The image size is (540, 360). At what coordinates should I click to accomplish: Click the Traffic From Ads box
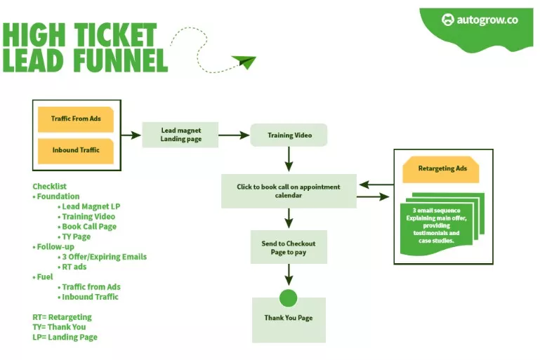[x=76, y=119]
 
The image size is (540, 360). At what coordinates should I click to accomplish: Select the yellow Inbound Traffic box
[x=76, y=150]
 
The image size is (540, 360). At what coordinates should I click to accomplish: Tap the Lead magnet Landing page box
[x=180, y=135]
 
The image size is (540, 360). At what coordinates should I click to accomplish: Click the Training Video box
[x=289, y=135]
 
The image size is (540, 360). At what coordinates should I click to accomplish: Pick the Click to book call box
[x=288, y=192]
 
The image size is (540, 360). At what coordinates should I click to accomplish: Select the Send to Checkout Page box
[x=288, y=248]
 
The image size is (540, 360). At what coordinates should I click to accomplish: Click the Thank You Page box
[x=288, y=319]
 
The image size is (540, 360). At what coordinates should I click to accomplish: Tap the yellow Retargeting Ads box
[x=441, y=169]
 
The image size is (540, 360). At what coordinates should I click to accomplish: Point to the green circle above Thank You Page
[x=288, y=298]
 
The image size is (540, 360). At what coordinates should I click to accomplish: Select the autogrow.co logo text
[x=487, y=20]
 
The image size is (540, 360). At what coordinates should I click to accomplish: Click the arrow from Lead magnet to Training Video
[x=234, y=135]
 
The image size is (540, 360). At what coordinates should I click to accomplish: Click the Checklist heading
[x=49, y=187]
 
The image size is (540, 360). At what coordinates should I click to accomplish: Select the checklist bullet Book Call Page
[x=89, y=227]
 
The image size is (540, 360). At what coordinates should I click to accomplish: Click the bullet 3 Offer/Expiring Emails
[x=105, y=257]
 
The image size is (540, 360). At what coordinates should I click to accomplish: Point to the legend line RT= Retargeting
[x=62, y=317]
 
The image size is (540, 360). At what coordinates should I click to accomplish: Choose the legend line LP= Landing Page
[x=65, y=338]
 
